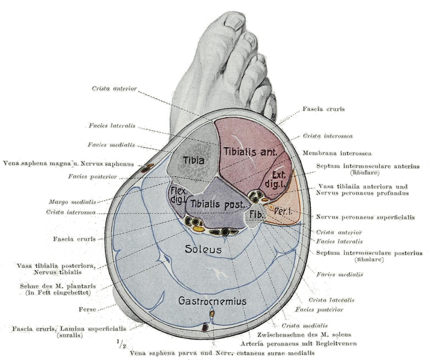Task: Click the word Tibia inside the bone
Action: click(x=194, y=160)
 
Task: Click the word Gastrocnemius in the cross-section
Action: click(x=212, y=301)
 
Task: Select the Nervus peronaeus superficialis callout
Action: click(x=365, y=217)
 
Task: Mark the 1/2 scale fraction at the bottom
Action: click(x=121, y=344)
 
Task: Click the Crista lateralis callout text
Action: click(x=331, y=299)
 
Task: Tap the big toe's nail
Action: click(x=234, y=23)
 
